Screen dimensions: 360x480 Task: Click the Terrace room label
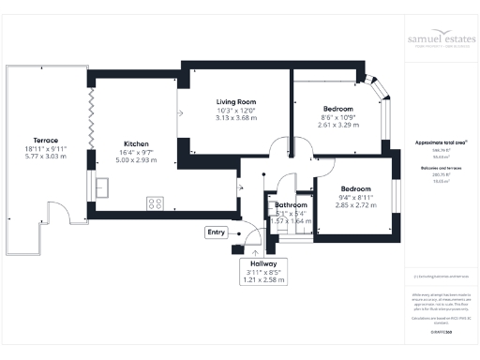[42, 140]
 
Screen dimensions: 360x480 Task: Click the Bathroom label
[291, 204]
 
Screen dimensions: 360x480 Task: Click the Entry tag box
[217, 232]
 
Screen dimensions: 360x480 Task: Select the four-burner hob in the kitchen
[156, 202]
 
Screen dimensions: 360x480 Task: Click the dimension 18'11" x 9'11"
[42, 150]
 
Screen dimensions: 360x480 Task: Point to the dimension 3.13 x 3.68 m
[235, 118]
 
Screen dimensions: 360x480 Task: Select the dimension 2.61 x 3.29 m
[338, 125]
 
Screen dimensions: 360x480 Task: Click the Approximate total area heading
[441, 142]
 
